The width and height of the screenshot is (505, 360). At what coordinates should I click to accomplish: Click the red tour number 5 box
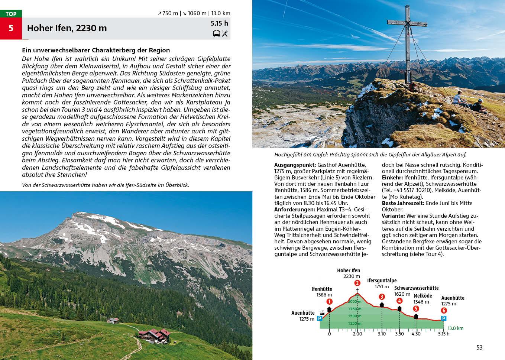(x=11, y=28)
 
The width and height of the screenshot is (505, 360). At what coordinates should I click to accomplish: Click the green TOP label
(x=11, y=14)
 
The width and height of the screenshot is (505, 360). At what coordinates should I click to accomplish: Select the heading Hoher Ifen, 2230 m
(x=67, y=28)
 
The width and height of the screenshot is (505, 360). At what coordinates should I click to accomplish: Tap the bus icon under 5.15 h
(x=216, y=34)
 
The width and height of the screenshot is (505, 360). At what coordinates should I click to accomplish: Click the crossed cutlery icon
(x=225, y=34)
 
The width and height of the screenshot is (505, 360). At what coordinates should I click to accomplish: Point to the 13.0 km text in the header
(x=221, y=13)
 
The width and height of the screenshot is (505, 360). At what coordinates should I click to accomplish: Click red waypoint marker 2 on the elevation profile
(x=357, y=283)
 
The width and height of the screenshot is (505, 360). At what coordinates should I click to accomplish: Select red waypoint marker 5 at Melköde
(x=416, y=308)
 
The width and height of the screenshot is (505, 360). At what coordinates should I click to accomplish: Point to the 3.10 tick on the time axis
(x=382, y=334)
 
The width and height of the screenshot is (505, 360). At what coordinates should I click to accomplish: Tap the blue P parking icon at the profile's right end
(x=443, y=318)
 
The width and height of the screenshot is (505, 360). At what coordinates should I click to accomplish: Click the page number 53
(x=479, y=347)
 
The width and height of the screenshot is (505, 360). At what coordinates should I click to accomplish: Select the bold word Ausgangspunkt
(x=295, y=165)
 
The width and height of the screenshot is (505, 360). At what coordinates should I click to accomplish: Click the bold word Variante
(x=393, y=216)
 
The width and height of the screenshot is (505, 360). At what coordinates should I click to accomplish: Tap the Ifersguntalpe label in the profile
(x=382, y=280)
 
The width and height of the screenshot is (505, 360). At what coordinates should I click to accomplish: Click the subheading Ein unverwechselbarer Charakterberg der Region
(x=96, y=50)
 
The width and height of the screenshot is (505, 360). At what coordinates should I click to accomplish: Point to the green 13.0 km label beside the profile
(x=456, y=328)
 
